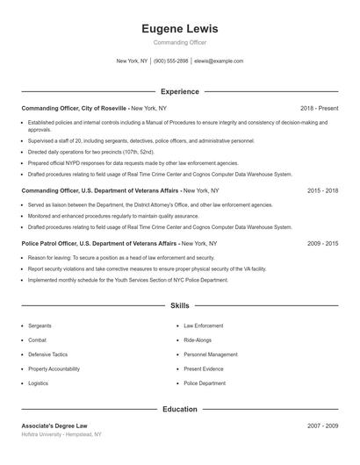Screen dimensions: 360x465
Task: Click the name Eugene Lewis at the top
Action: [179, 29]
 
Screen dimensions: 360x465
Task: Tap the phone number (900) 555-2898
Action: [170, 61]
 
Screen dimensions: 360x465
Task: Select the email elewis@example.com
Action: [218, 61]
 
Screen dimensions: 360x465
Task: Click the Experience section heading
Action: [179, 91]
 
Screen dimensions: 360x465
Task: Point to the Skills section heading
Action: [179, 306]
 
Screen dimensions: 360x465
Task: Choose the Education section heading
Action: [179, 409]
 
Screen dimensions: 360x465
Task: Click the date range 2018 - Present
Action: [319, 108]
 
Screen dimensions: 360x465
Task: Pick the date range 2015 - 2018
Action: [322, 190]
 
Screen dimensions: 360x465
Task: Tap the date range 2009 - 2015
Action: [322, 243]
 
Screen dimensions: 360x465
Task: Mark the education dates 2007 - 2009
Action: [322, 426]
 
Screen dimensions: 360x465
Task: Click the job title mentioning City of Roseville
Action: [75, 108]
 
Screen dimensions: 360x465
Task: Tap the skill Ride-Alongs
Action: [198, 340]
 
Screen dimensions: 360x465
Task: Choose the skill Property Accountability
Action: [54, 369]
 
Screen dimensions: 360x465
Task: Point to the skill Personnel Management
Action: [210, 354]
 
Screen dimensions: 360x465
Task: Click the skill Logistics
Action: [39, 383]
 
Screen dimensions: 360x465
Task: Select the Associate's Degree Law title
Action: [54, 426]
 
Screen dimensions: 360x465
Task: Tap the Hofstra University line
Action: [61, 434]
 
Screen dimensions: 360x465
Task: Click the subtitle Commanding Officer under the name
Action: [179, 42]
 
